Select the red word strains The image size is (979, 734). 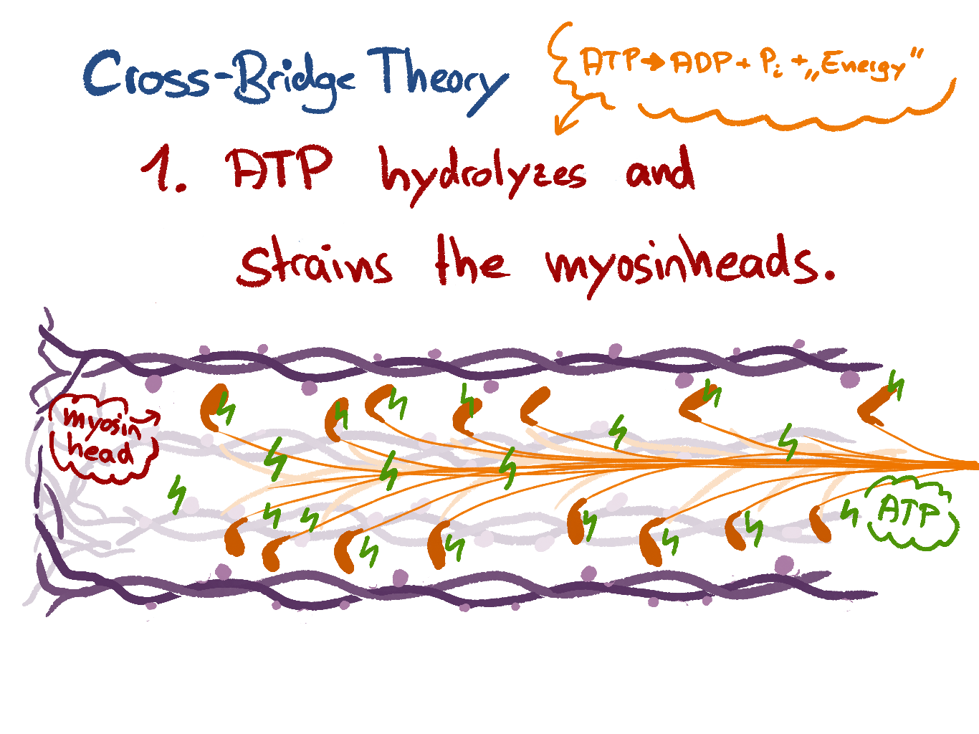pos(315,264)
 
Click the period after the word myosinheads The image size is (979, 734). pos(829,275)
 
